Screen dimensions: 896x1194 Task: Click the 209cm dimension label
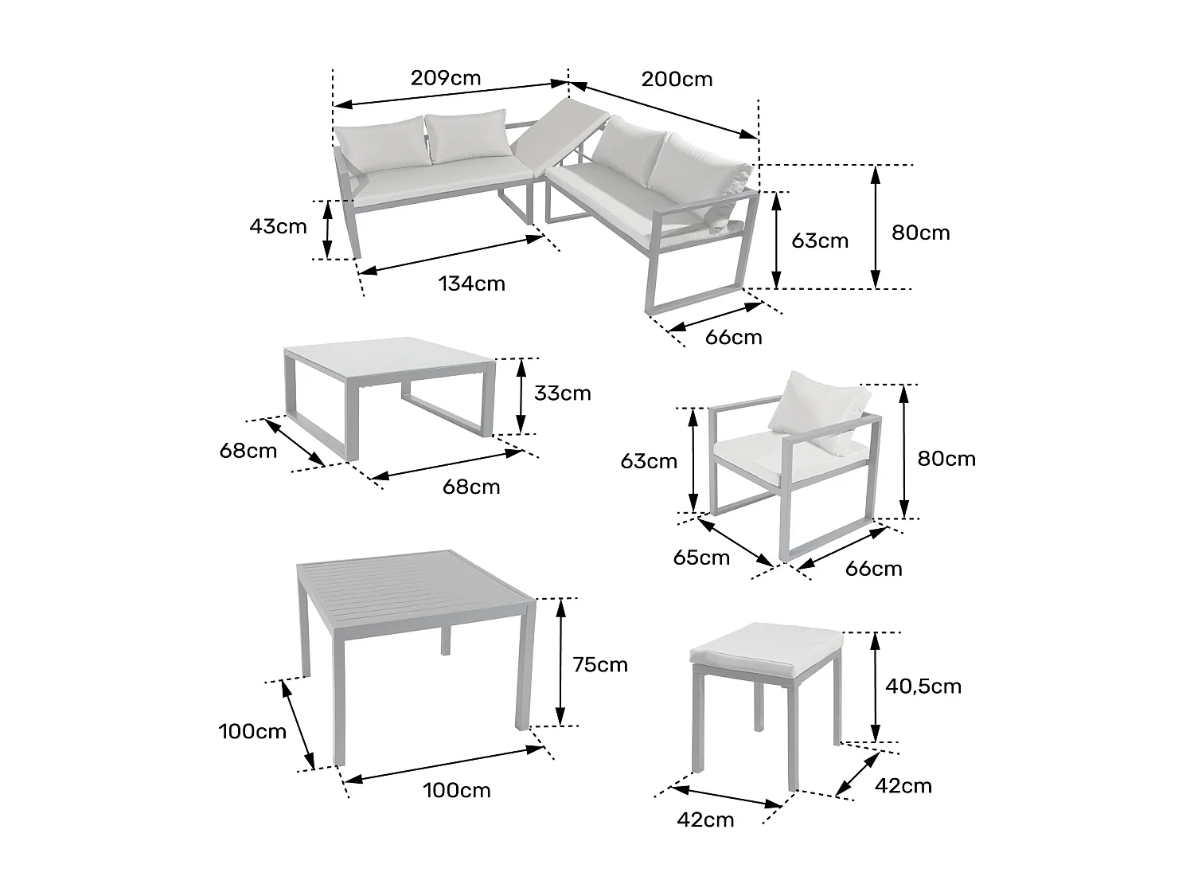click(x=446, y=77)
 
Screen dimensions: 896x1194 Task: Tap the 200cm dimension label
click(x=677, y=79)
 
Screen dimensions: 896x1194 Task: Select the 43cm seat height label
click(x=278, y=226)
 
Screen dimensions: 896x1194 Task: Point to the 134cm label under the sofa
click(x=471, y=283)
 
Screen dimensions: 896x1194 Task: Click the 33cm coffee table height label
click(x=563, y=393)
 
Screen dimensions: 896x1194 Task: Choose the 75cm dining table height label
click(x=600, y=664)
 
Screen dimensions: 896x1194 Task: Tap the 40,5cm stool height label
click(x=923, y=686)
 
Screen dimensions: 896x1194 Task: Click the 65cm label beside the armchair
click(x=700, y=558)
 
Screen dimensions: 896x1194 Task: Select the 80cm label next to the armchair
click(x=946, y=459)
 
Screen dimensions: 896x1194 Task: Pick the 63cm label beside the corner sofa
click(x=820, y=241)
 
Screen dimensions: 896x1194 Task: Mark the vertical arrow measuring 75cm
click(x=561, y=661)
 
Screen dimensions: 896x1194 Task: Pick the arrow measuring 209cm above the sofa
click(x=450, y=93)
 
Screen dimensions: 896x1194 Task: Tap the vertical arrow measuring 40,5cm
click(x=876, y=687)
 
